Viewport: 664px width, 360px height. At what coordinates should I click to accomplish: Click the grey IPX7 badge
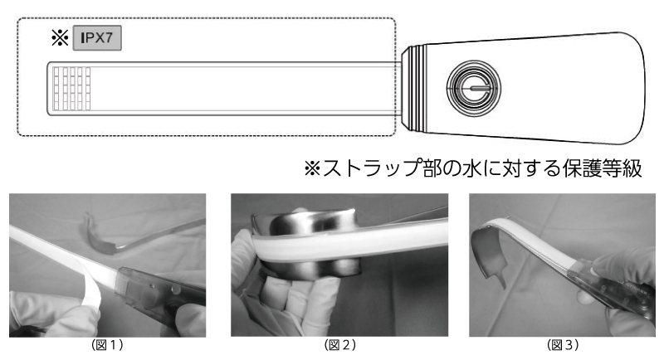(97, 38)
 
